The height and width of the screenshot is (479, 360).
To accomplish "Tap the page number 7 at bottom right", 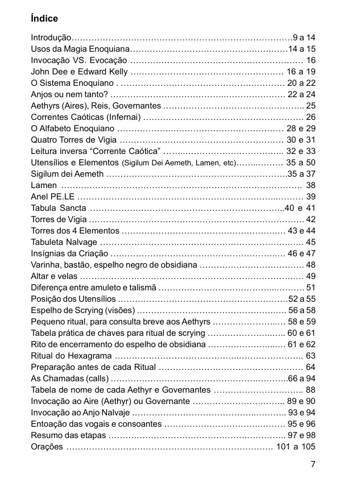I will point(313,464).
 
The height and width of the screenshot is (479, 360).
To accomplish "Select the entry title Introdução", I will point(51,38).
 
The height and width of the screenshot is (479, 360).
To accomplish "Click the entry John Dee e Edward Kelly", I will point(79,72).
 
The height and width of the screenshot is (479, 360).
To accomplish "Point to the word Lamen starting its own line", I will point(44,185).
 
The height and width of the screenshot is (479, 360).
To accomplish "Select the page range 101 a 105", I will point(296,447).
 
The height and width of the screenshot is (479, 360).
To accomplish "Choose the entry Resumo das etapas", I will point(68,435).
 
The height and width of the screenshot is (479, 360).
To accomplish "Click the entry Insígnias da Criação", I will point(69,253).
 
